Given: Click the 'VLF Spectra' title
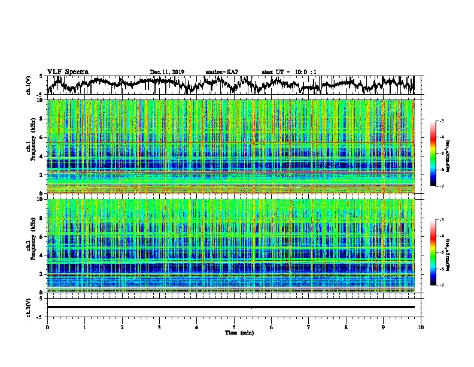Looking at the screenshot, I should click(x=68, y=71).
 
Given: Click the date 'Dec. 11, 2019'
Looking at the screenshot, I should click(x=167, y=72).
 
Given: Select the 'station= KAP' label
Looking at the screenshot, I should click(x=222, y=72).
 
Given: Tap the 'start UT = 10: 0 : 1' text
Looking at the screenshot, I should click(x=289, y=72).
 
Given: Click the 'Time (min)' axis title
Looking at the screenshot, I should click(x=234, y=332).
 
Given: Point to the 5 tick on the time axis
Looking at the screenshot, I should click(x=234, y=327).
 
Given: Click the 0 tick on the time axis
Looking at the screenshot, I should click(x=47, y=327).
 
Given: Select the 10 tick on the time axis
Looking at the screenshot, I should click(x=421, y=327).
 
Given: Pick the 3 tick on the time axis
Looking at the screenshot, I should click(x=159, y=327).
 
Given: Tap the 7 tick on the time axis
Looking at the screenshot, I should click(x=309, y=327).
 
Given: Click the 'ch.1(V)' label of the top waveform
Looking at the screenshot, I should click(x=29, y=85).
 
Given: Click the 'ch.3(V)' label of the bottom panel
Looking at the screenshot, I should click(x=29, y=307).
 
